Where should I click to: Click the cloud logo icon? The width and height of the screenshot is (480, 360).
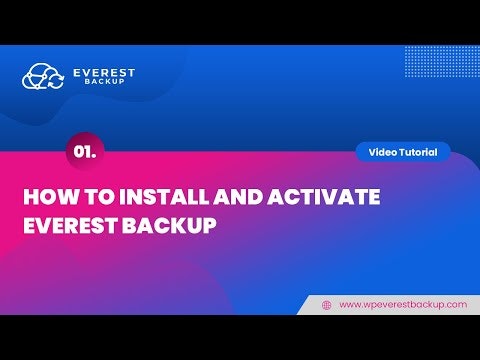[x=43, y=76]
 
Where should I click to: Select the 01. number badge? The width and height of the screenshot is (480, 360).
[x=84, y=151]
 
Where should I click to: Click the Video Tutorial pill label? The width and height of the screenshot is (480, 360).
[x=403, y=152]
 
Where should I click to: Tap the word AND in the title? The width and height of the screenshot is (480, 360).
[x=222, y=197]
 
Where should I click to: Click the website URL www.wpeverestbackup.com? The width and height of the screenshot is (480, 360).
[x=403, y=304]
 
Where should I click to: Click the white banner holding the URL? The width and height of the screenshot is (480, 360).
[x=390, y=304]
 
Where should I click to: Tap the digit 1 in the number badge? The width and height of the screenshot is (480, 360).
[x=87, y=151]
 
